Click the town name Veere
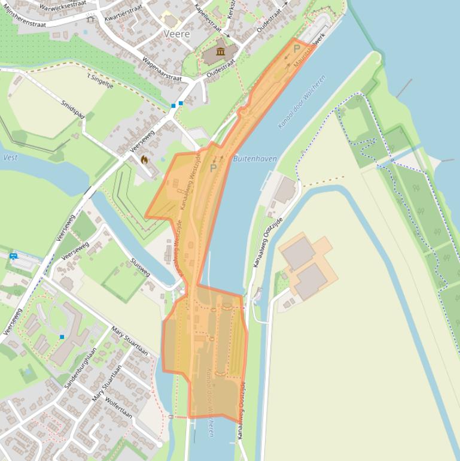(x=176, y=34)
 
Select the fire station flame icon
(x=144, y=160)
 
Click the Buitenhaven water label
(x=255, y=159)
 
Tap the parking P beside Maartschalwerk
(x=296, y=49)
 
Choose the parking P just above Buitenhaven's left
(x=213, y=168)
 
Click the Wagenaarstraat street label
(x=161, y=69)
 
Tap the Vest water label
(x=10, y=157)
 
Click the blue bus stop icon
(x=13, y=256)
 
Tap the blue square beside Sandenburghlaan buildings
(x=62, y=337)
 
